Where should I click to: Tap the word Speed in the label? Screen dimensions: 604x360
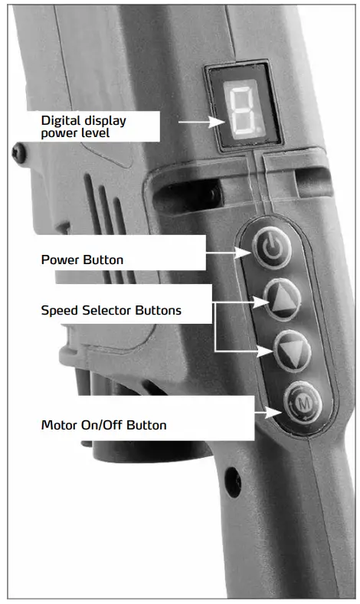pyautogui.click(x=58, y=311)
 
